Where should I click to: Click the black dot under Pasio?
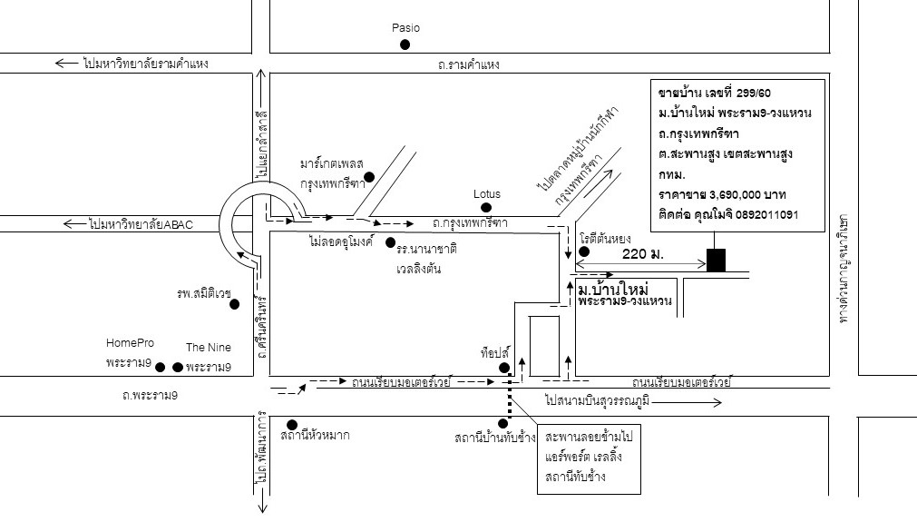405,44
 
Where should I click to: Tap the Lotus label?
486,194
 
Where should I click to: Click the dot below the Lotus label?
486,208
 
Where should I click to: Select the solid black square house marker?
717,260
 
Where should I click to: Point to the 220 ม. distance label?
643,254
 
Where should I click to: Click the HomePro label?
130,343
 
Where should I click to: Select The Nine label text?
208,348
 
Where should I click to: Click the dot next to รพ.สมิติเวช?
234,304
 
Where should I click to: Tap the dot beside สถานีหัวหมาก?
292,424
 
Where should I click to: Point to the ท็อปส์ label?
497,350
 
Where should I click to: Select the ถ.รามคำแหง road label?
466,64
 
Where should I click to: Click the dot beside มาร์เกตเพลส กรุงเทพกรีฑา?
369,176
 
